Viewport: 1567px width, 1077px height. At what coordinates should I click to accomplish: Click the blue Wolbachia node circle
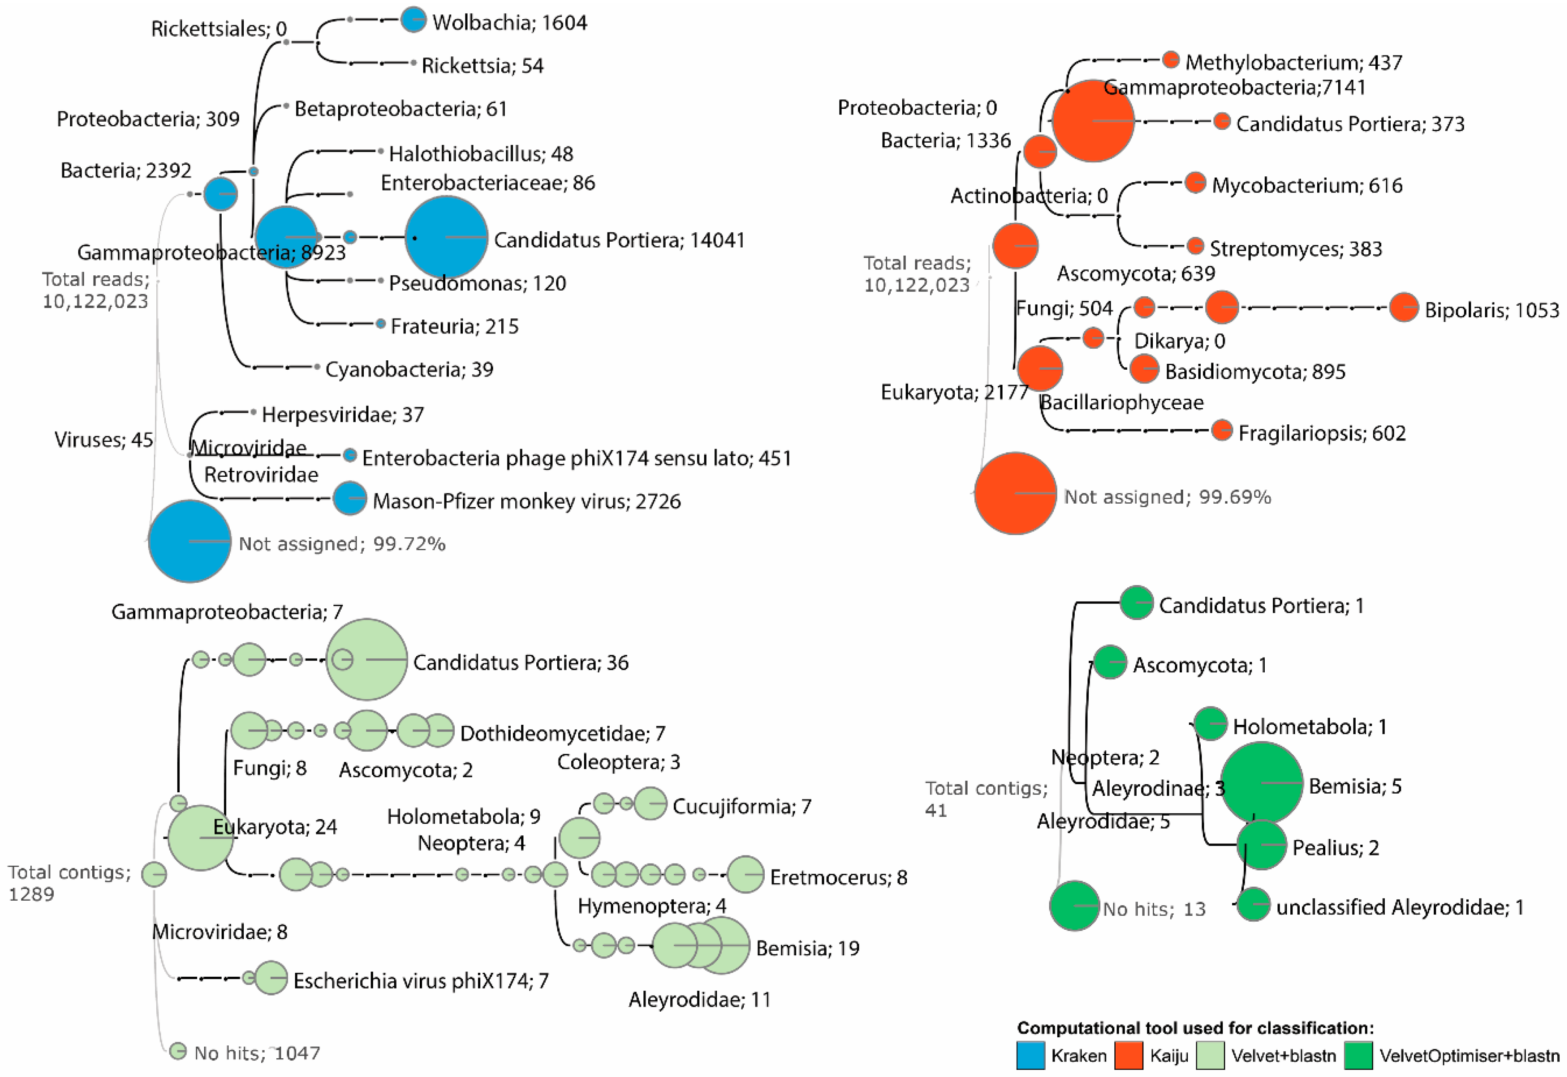tap(413, 20)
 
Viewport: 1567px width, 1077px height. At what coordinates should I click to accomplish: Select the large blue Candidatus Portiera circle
tap(446, 237)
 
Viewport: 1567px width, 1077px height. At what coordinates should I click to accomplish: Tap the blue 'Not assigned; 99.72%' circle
tap(190, 541)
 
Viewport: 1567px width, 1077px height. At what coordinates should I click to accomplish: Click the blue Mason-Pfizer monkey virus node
tap(350, 499)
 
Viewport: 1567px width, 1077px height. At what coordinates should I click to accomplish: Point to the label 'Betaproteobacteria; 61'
tap(401, 109)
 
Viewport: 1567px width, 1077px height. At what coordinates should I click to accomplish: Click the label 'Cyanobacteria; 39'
tap(409, 369)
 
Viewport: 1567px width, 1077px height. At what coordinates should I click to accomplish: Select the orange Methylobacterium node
tap(1171, 60)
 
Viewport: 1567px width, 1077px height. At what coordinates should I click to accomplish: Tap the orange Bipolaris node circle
tap(1404, 308)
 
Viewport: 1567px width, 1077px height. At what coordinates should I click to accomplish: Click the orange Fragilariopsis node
tap(1222, 430)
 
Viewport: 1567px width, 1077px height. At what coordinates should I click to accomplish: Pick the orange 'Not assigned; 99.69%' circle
tap(1016, 493)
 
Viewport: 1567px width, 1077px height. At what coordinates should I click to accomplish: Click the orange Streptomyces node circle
tap(1195, 245)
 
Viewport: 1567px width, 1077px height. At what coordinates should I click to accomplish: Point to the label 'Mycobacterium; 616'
tap(1307, 185)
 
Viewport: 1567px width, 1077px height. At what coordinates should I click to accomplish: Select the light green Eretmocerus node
tap(745, 875)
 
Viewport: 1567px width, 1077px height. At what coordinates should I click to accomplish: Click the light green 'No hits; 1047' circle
tap(178, 1051)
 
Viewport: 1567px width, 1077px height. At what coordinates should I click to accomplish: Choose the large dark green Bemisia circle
tap(1261, 783)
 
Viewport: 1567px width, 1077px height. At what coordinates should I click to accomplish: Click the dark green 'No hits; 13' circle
tap(1074, 905)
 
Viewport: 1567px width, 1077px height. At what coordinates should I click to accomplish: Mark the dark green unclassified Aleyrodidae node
tap(1253, 904)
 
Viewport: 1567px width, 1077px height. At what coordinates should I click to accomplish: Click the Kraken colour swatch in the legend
tap(1030, 1055)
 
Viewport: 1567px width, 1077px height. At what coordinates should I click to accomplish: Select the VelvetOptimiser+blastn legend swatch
tap(1358, 1055)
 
